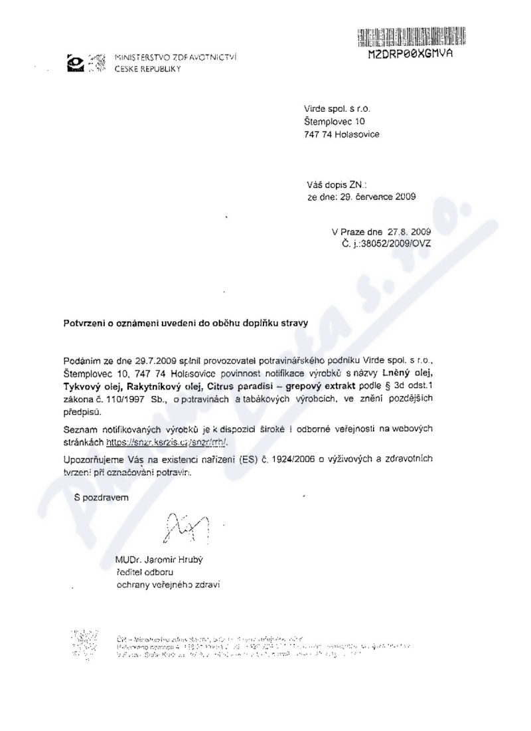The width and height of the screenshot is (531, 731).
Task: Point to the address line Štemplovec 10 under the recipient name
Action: coord(335,121)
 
